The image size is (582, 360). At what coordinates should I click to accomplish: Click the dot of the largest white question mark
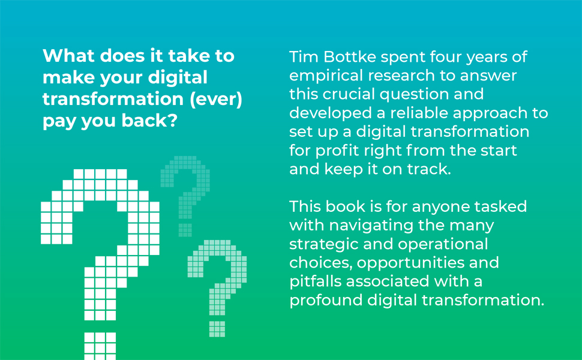point(100,345)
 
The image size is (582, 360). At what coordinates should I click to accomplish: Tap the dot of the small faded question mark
point(185,230)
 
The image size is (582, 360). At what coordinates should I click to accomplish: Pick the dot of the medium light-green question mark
point(217,329)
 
